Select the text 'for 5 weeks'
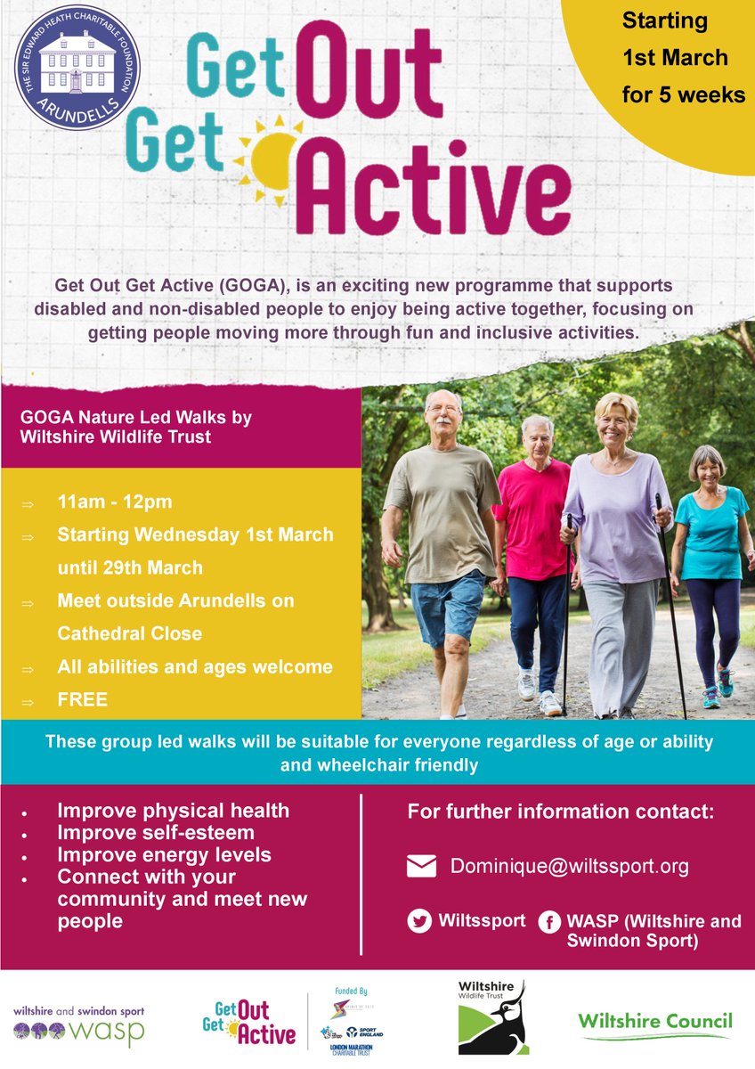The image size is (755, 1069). (684, 94)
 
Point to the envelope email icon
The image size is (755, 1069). (421, 867)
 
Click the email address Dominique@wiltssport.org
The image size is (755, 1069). (569, 866)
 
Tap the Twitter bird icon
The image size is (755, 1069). (419, 921)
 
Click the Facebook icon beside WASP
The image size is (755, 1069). (548, 921)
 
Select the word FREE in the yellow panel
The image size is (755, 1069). (82, 699)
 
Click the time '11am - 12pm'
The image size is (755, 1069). (115, 502)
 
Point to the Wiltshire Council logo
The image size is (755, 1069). (654, 1023)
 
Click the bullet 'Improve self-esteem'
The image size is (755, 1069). (155, 833)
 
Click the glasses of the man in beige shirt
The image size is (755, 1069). (442, 410)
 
